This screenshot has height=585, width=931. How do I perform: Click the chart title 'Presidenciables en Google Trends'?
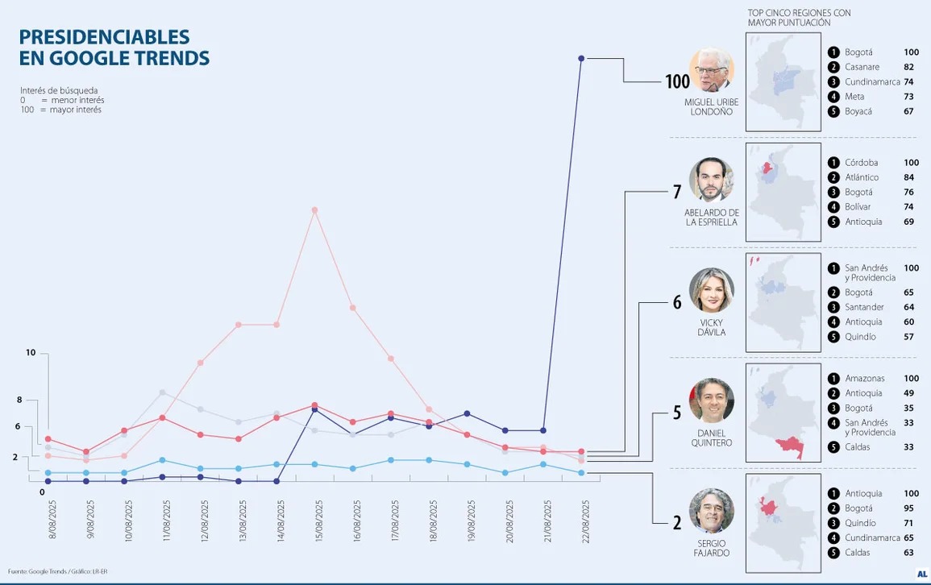coord(114,48)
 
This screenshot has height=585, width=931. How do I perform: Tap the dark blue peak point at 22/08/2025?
coord(581,58)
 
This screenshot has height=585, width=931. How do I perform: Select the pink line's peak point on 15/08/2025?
coord(314,210)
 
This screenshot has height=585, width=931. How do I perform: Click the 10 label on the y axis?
coord(31,353)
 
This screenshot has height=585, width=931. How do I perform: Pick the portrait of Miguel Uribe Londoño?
coord(712,70)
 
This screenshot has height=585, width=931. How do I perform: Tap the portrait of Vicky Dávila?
coord(712,290)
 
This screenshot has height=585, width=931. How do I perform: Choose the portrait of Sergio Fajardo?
coord(712,511)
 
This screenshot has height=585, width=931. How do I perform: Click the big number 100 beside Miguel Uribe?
coord(678,81)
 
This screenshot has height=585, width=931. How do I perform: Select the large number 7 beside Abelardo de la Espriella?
coord(677,192)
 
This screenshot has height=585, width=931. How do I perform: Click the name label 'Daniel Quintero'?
coord(712,438)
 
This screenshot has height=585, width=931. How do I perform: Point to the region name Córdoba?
coord(861,163)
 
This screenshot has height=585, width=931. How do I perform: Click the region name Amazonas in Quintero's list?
coord(864,379)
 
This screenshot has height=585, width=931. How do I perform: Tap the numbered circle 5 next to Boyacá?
coord(833,111)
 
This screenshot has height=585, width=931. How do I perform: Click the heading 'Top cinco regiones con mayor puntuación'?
coord(799,18)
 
